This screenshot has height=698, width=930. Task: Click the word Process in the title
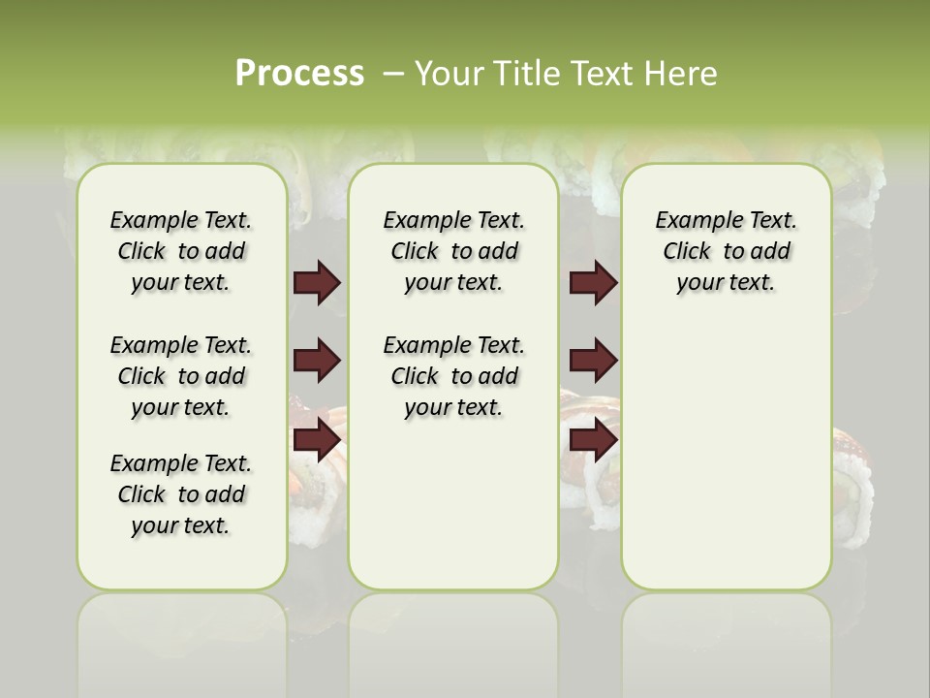[x=299, y=74]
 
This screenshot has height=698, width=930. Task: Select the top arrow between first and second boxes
[x=317, y=283]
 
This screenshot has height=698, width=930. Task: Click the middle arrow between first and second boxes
[x=317, y=362]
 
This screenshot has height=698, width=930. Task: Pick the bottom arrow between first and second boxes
[x=317, y=439]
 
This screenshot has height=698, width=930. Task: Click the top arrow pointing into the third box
[x=593, y=283]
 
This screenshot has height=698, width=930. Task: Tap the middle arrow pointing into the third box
[x=593, y=362]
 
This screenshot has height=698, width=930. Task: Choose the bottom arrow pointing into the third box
[x=593, y=439]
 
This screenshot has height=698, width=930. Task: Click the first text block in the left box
[x=181, y=251]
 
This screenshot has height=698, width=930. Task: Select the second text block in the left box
[x=181, y=376]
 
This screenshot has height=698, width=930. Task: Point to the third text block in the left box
[x=181, y=494]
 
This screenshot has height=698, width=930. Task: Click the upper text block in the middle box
[x=453, y=251]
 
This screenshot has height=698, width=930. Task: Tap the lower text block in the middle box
[x=453, y=376]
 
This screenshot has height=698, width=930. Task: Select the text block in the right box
[x=726, y=251]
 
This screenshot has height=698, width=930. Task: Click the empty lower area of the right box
[x=726, y=465]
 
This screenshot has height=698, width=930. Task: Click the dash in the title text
[x=394, y=74]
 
